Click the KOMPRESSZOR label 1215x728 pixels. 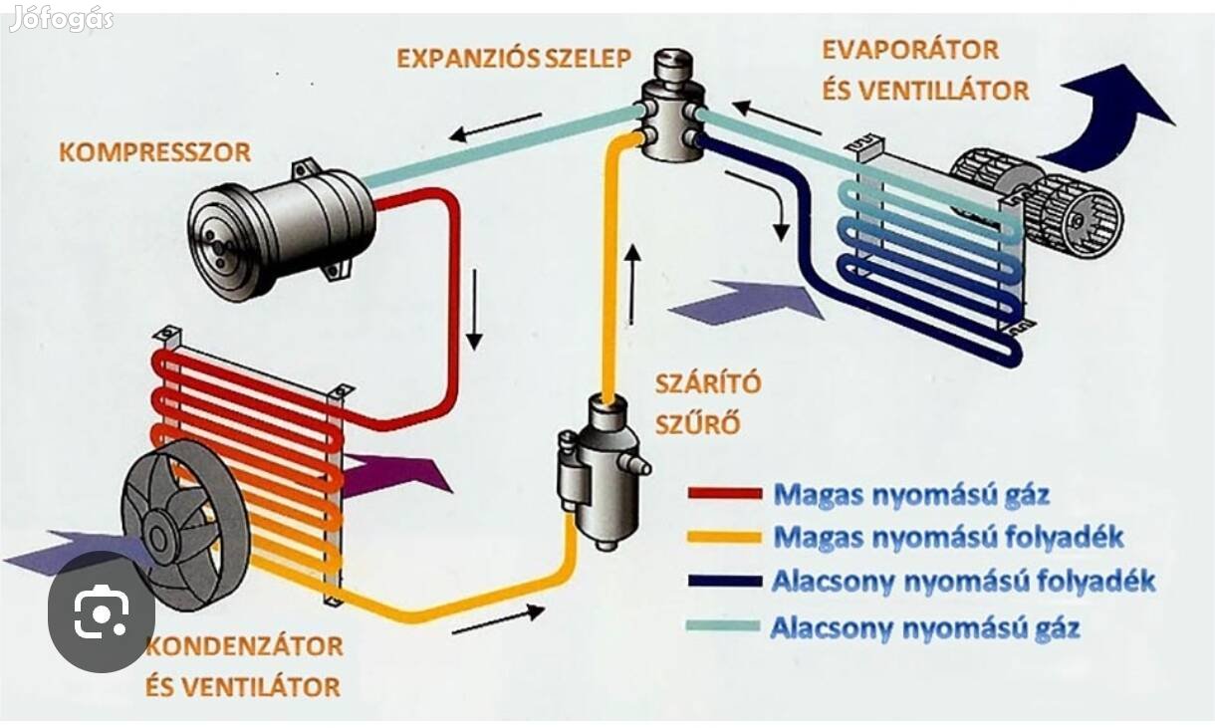click(154, 152)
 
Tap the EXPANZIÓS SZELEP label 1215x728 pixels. click(513, 57)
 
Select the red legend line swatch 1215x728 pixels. click(724, 493)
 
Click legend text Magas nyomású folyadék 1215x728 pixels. click(948, 538)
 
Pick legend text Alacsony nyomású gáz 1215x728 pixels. click(925, 628)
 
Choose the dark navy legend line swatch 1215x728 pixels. click(724, 582)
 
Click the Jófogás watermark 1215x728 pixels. click(61, 19)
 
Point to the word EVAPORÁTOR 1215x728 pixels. click(910, 49)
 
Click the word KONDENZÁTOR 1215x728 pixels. click(245, 645)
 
